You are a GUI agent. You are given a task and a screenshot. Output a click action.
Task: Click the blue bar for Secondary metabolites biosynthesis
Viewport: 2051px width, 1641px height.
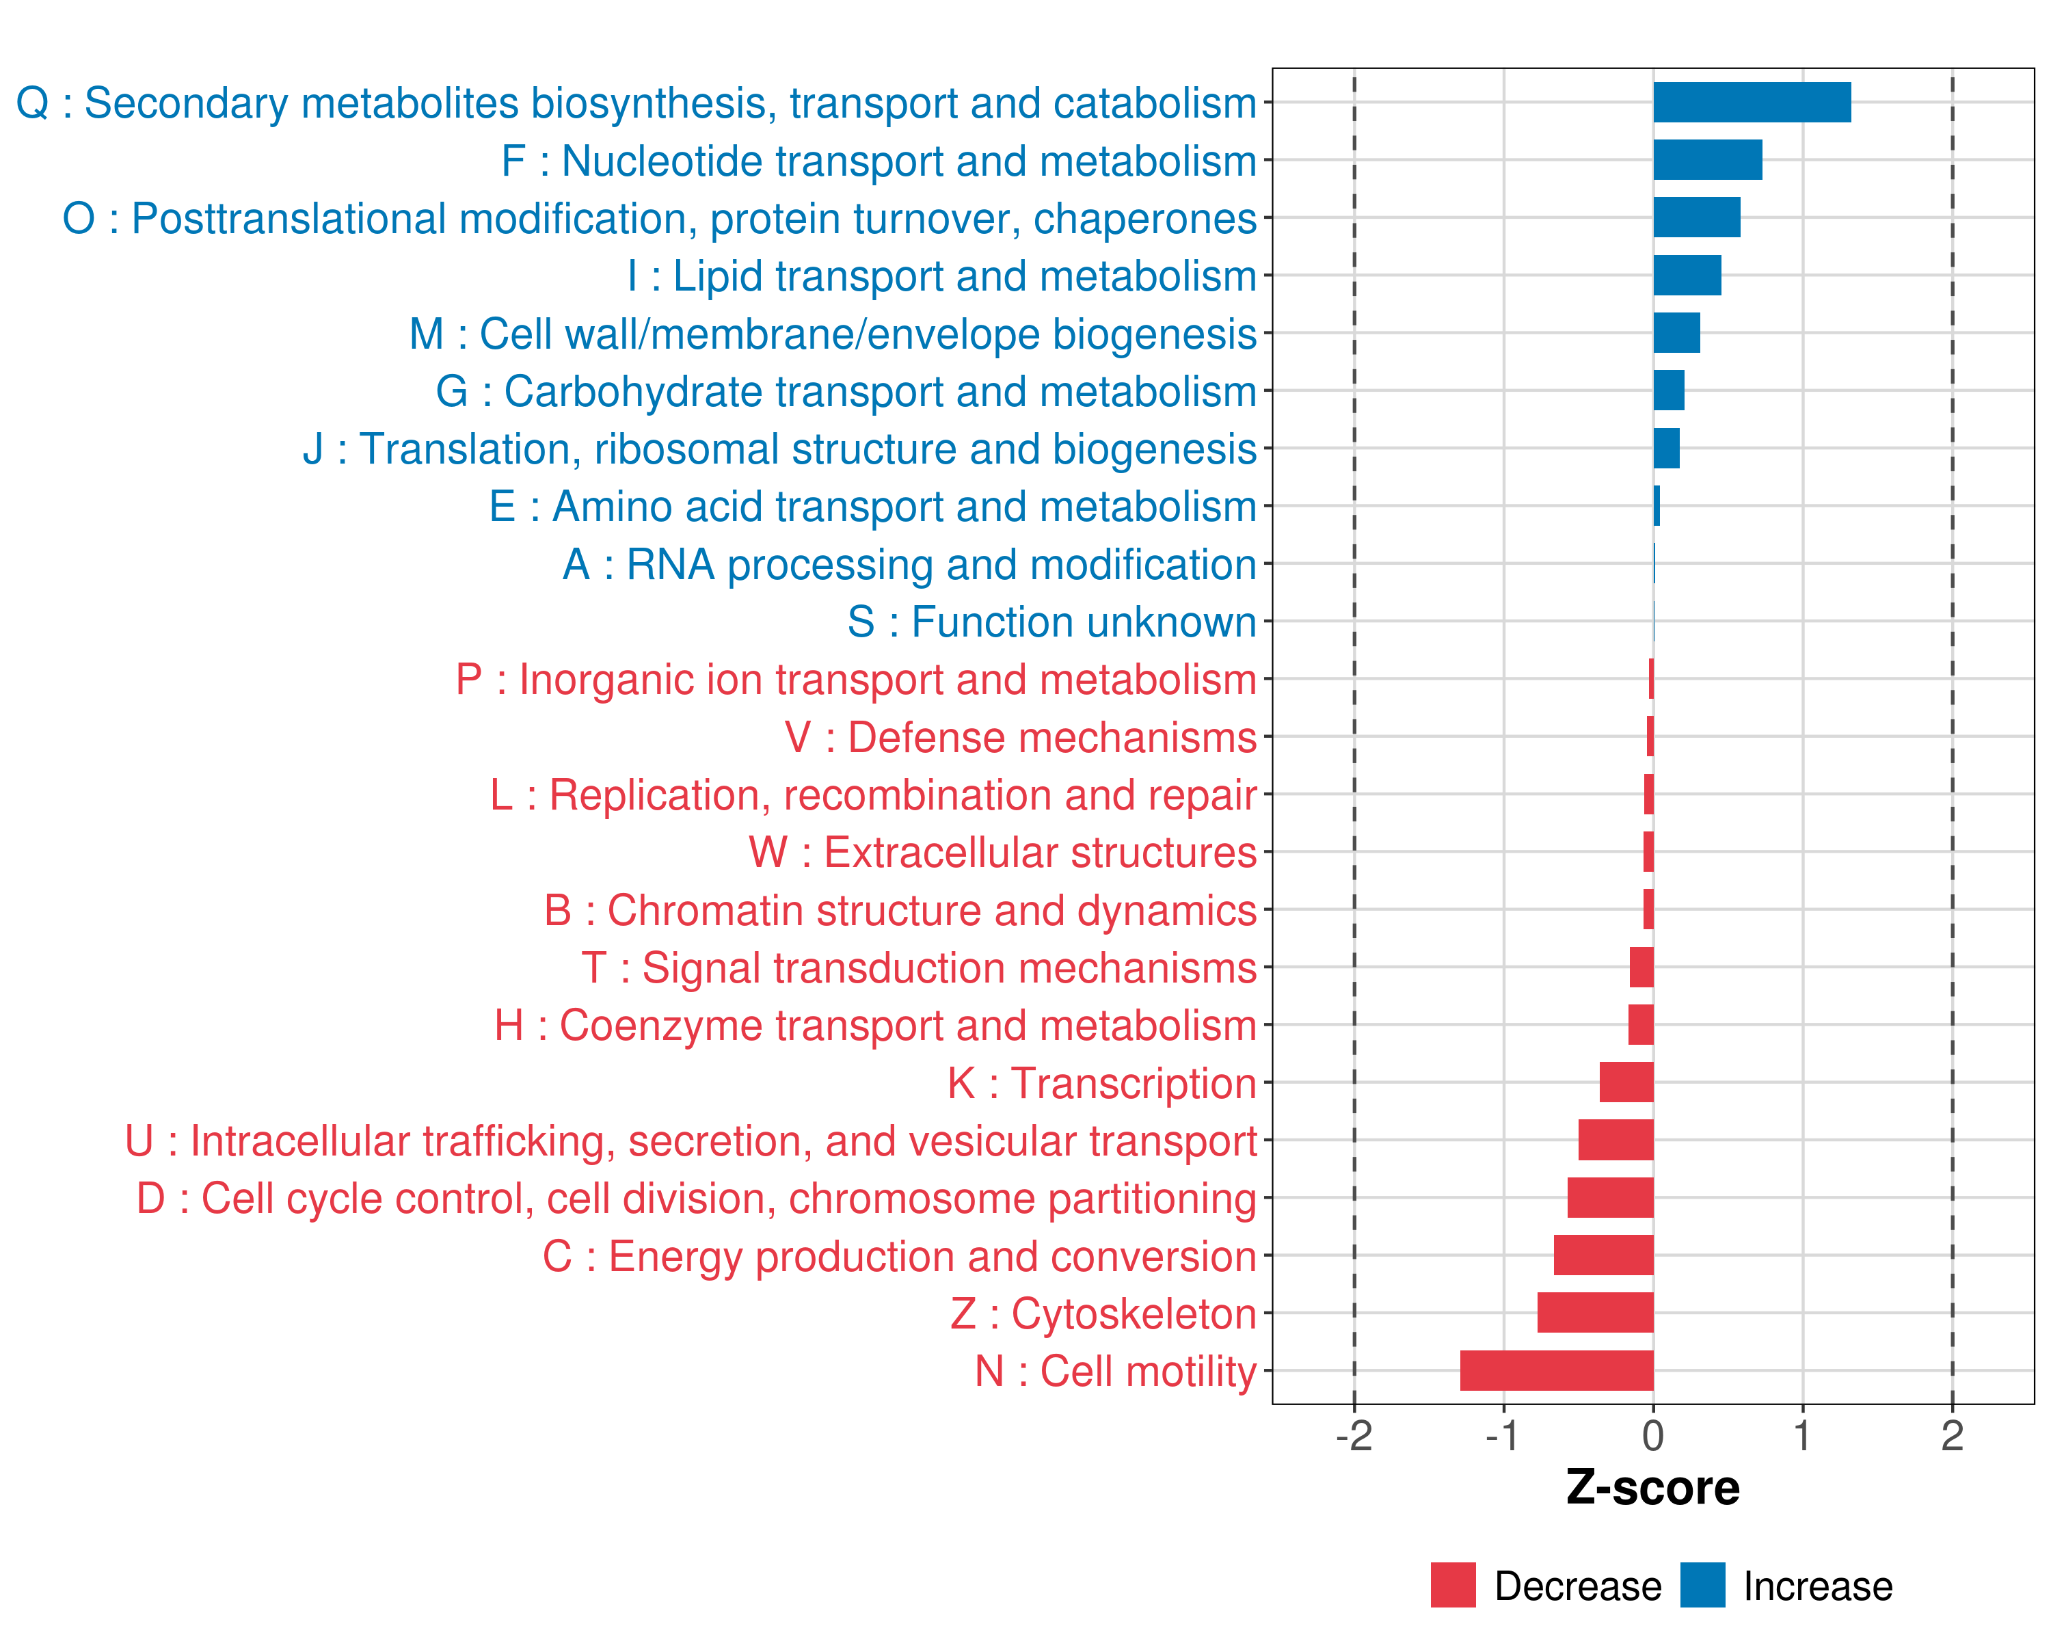click(1752, 103)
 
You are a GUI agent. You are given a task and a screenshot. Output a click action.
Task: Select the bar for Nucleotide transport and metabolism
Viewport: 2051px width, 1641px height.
click(1708, 160)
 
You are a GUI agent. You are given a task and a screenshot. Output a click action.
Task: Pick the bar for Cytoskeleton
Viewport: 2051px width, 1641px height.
click(1595, 1313)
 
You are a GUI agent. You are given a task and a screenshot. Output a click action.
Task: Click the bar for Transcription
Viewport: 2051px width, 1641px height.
click(1626, 1082)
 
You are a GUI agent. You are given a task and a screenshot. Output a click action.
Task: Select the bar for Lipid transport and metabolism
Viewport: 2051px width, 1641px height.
click(1687, 276)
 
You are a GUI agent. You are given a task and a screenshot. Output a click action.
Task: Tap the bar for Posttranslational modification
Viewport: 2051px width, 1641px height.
click(1697, 218)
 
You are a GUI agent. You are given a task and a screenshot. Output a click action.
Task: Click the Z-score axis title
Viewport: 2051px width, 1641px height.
click(1652, 1488)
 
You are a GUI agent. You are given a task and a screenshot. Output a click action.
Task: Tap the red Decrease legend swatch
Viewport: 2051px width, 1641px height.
click(1453, 1585)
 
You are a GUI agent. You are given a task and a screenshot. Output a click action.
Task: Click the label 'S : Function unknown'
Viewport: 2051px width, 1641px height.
click(1052, 622)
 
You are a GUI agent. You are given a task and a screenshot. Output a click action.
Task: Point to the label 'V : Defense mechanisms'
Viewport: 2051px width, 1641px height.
click(1021, 737)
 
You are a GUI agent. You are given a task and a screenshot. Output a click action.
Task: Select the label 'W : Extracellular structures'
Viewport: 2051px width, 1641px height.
click(1003, 853)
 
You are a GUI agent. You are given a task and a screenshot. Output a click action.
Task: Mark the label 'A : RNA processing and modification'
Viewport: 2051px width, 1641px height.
click(909, 564)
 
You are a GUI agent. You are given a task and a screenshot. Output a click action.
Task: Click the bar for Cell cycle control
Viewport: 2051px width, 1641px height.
click(1611, 1198)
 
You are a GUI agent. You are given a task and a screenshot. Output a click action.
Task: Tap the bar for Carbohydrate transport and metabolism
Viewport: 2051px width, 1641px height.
click(1669, 391)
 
